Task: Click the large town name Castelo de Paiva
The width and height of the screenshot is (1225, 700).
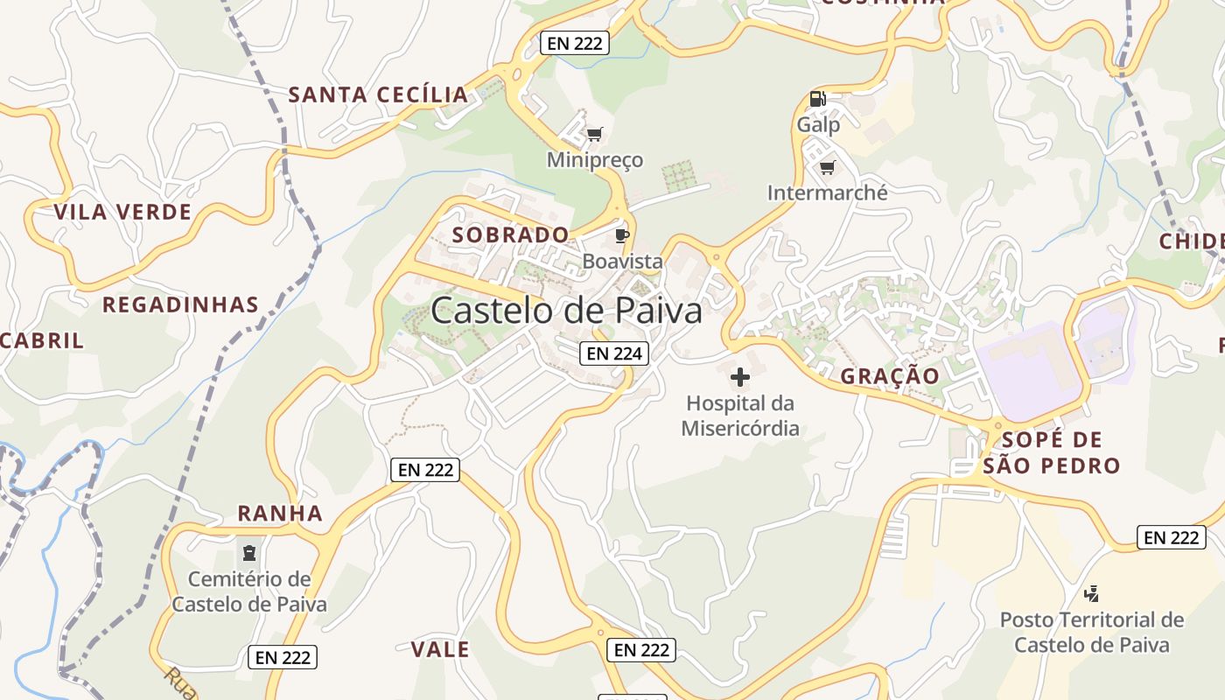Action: click(566, 311)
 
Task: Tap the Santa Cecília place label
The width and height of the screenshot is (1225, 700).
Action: click(378, 94)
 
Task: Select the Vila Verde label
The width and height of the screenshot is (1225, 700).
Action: click(122, 212)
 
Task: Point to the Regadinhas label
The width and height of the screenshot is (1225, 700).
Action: click(180, 304)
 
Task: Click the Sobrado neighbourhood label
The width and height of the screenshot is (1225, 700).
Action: click(510, 234)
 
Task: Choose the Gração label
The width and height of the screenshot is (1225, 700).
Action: click(890, 376)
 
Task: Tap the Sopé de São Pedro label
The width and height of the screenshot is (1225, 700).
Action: click(1051, 452)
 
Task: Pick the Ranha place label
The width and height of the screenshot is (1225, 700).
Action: click(280, 514)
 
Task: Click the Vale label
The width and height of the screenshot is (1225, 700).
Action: click(440, 649)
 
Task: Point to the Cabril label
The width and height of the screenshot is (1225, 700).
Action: click(42, 340)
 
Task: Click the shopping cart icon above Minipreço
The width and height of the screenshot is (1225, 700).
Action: click(595, 134)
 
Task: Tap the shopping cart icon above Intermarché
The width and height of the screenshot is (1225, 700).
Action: click(827, 166)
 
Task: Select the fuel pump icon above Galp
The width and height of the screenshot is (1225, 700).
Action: click(817, 99)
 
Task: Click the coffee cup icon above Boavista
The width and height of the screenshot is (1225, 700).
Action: click(622, 235)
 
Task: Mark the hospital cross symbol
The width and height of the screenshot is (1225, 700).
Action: click(740, 377)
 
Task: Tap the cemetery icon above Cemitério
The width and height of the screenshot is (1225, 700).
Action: click(249, 552)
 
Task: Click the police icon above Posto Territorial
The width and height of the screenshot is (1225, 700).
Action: click(1091, 594)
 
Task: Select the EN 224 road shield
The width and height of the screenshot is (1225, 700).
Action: click(614, 353)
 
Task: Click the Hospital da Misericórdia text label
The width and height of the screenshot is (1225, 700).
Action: click(740, 416)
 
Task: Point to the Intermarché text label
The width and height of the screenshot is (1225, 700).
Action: click(827, 192)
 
